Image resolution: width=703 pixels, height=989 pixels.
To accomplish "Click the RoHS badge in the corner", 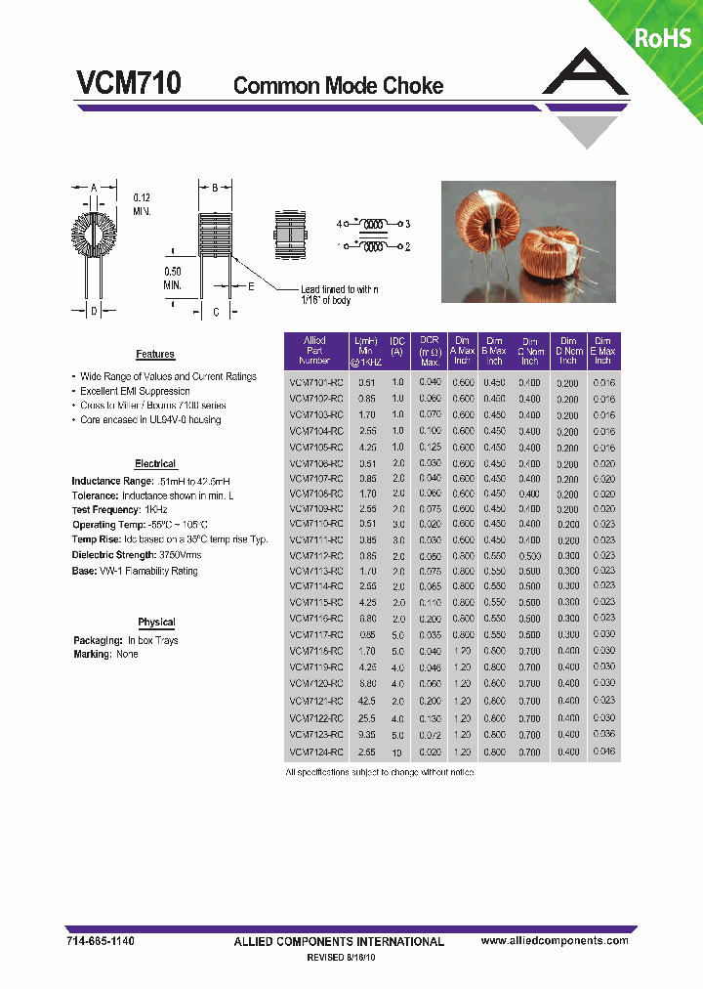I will (x=663, y=37).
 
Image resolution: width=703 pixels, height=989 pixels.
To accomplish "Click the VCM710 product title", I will (x=128, y=84).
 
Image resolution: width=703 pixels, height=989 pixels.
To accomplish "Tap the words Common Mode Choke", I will (x=338, y=86).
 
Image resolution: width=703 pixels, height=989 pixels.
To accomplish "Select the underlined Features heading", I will (x=155, y=355).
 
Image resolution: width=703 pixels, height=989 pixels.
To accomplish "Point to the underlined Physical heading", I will (x=156, y=623).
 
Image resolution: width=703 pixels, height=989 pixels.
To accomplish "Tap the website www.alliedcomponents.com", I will (x=555, y=940).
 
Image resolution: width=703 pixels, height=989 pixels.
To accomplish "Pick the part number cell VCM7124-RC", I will (x=315, y=752).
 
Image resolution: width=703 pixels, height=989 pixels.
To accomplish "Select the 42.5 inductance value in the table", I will (x=366, y=701).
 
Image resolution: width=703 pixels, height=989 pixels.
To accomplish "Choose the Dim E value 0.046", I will (x=603, y=752).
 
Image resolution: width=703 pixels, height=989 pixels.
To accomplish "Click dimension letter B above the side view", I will (x=215, y=186).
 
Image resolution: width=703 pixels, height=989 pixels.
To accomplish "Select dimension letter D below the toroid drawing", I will (x=94, y=312).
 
